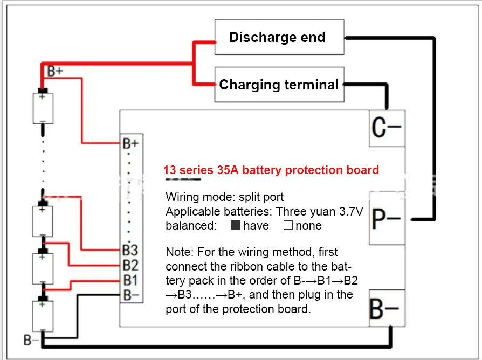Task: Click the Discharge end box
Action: point(279,37)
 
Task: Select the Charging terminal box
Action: point(279,85)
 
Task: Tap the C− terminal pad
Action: point(386,128)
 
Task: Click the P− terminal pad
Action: point(386,219)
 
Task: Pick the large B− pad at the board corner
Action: point(386,308)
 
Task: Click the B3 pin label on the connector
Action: point(130,250)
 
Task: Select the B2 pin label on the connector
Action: point(130,265)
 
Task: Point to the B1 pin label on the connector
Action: point(130,280)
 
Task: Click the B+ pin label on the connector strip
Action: point(130,143)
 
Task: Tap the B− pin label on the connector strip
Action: point(130,294)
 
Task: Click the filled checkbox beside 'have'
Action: point(236,225)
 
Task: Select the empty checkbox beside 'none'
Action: point(288,225)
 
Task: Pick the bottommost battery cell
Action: point(43,316)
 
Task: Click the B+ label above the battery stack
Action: point(55,70)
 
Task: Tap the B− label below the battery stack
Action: point(31,340)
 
